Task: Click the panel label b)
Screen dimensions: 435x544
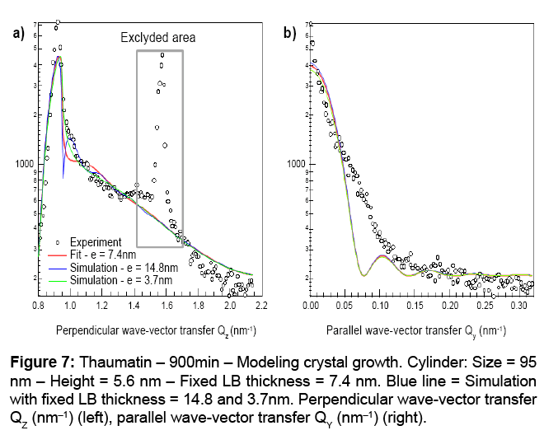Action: point(290,34)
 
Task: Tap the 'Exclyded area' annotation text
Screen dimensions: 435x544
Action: point(158,38)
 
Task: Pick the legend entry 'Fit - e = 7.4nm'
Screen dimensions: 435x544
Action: point(104,255)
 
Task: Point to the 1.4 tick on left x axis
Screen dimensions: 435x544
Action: point(134,306)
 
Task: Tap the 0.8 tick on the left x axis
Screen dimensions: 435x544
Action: point(38,306)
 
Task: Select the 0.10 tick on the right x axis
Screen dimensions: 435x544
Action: point(380,306)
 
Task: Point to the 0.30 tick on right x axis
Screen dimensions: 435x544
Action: point(519,306)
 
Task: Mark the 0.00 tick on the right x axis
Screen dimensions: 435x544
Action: point(311,306)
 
